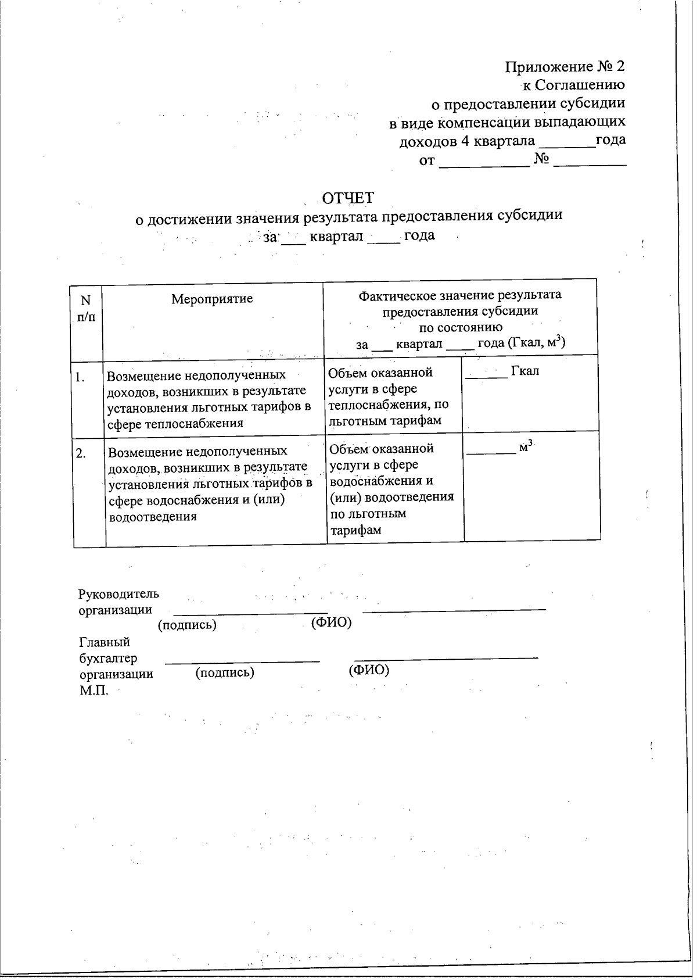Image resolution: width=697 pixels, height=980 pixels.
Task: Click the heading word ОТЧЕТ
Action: tap(348, 198)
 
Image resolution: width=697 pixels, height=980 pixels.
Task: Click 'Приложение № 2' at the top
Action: tap(565, 66)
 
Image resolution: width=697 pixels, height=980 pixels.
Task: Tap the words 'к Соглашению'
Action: tap(573, 85)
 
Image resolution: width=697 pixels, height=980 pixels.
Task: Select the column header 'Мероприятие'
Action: tap(212, 299)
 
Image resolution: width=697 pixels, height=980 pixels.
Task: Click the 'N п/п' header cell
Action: tap(86, 308)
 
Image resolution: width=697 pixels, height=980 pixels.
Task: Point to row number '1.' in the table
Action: tap(80, 377)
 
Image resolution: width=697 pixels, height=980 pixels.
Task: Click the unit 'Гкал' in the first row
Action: tap(525, 371)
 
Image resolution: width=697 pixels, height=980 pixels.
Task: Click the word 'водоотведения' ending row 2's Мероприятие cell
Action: tap(153, 516)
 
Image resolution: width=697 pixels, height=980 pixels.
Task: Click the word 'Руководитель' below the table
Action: tap(118, 594)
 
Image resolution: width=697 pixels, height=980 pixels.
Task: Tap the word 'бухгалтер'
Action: tap(108, 659)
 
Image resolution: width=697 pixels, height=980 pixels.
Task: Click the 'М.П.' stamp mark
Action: tap(94, 692)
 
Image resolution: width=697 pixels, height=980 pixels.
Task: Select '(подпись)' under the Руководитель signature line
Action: tap(187, 625)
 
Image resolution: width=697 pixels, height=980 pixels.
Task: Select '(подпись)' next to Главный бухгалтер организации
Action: tap(225, 673)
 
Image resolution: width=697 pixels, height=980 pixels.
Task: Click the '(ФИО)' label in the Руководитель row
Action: tap(331, 623)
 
